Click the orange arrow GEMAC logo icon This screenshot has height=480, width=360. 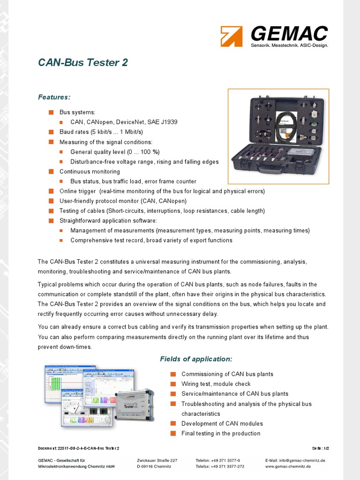tap(232, 36)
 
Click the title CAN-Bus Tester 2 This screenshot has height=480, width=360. tap(83, 63)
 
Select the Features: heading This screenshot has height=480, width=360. tap(54, 97)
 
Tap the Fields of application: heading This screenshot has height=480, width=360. tap(196, 359)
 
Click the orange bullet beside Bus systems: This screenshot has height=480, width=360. tap(51, 112)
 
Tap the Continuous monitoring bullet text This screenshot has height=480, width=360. tap(90, 172)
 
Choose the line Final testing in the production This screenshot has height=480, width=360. tap(221, 434)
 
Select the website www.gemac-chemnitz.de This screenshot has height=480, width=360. tap(288, 467)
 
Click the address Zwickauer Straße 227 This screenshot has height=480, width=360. tap(157, 460)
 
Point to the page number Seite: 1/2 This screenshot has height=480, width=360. tap(323, 448)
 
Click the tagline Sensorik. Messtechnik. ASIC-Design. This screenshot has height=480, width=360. tap(289, 45)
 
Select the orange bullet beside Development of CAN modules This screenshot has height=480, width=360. tap(173, 424)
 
